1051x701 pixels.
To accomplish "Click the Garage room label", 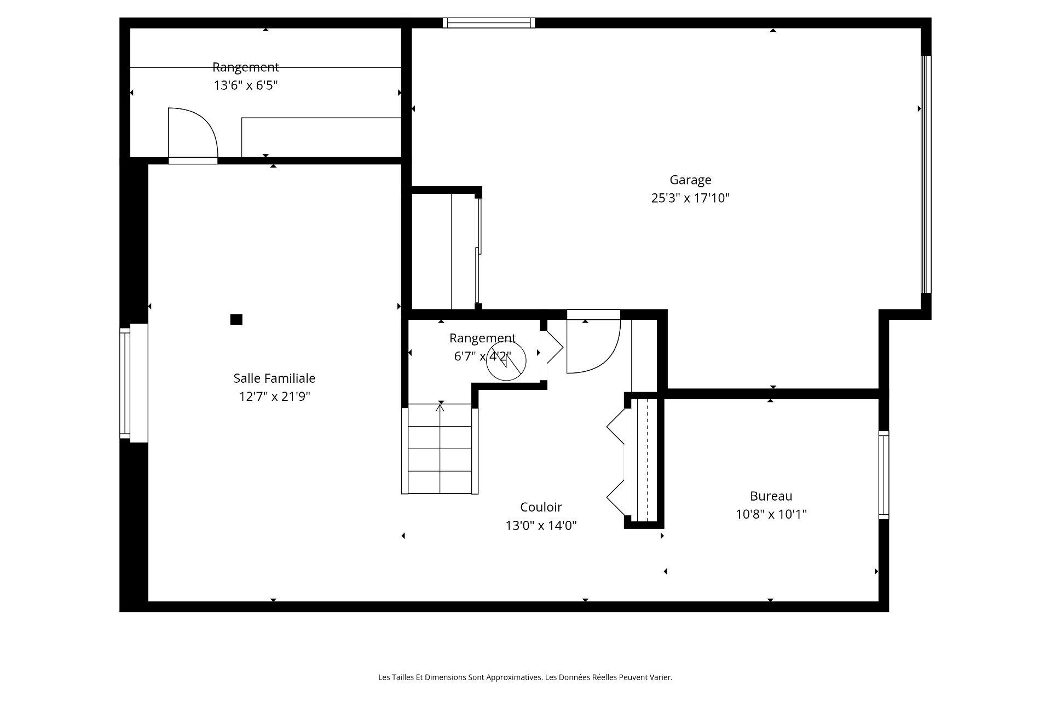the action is click(690, 180).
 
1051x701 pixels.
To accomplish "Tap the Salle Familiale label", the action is click(274, 378).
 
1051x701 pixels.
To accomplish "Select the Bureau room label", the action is click(771, 496).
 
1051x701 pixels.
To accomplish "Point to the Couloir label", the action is click(541, 507).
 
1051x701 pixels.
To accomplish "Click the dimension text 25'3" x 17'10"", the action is click(690, 198).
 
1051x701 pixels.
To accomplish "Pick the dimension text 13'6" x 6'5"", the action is click(246, 85).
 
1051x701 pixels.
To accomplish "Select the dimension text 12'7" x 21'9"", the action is click(274, 396).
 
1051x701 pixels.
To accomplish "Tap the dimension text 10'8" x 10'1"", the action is click(771, 514).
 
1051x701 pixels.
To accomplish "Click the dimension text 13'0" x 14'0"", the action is click(541, 525).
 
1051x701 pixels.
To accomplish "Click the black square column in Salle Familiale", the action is click(236, 319).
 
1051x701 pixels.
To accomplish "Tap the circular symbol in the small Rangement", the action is click(506, 360).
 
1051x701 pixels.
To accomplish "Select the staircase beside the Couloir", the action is click(440, 449).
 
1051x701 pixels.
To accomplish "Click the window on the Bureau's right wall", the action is click(883, 475).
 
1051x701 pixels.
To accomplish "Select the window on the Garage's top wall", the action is click(489, 22).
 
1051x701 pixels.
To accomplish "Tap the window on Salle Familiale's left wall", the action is click(125, 383).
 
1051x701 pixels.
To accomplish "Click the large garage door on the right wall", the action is click(926, 174).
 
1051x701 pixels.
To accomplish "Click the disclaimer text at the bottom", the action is click(525, 677).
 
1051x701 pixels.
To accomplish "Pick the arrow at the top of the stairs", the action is click(440, 407).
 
